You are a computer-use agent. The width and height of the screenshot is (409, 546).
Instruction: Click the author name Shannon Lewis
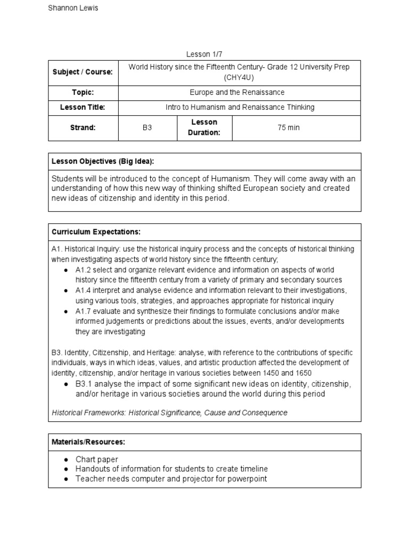73,8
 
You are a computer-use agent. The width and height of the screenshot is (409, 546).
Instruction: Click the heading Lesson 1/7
204,54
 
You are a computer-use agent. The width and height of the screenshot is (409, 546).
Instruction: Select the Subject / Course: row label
82,72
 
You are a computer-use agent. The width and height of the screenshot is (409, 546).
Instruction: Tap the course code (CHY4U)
239,77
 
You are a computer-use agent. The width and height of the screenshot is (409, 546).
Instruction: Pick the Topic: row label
82,92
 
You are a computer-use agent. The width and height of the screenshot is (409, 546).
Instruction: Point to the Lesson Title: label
82,107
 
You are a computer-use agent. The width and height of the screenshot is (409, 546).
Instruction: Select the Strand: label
82,128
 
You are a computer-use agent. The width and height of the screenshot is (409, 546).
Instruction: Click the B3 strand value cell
148,128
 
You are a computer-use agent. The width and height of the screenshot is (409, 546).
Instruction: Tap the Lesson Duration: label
204,127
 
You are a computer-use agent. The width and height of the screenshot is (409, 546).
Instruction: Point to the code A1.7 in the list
84,311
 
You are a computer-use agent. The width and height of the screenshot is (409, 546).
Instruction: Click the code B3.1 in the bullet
84,384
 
